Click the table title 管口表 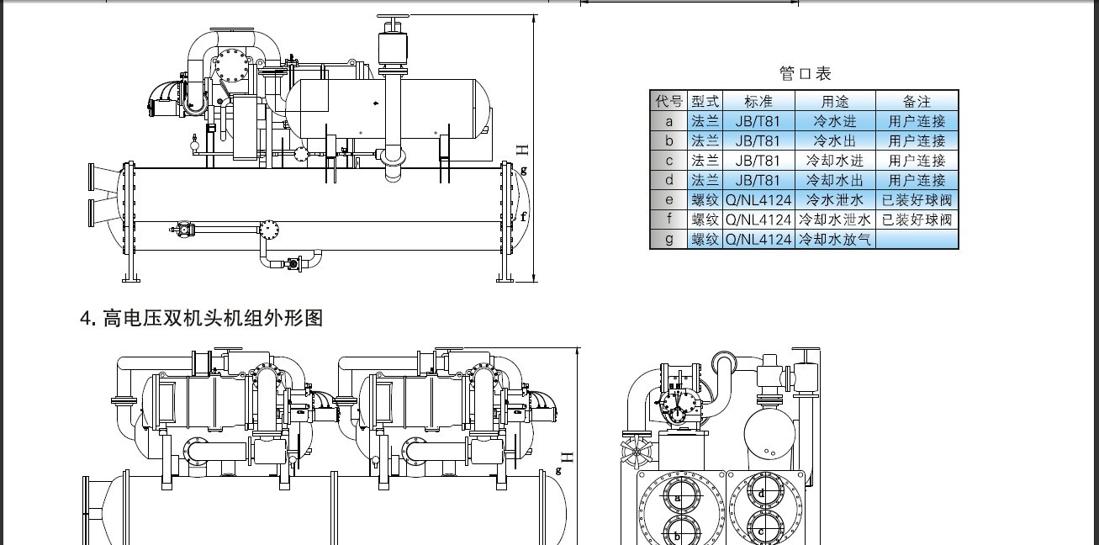(x=805, y=73)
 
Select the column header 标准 (x=758, y=102)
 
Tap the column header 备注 (x=917, y=102)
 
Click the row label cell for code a (x=668, y=121)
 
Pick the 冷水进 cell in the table (x=835, y=121)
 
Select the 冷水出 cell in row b (x=835, y=140)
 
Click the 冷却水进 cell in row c (x=835, y=161)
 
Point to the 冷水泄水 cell (x=835, y=199)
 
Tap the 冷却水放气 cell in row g (x=835, y=239)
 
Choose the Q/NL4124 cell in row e (x=758, y=199)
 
